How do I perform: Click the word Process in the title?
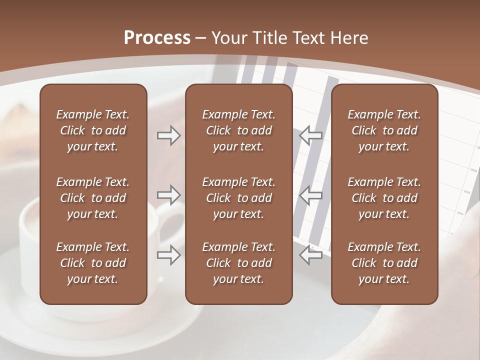(157, 38)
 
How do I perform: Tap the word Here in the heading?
(349, 38)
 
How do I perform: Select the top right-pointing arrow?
(169, 135)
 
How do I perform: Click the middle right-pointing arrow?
(169, 195)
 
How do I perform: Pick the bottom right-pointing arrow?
(169, 255)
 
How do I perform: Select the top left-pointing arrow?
(311, 135)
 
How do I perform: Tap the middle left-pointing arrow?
(311, 195)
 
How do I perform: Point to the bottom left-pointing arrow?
(311, 255)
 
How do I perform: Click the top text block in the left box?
(93, 130)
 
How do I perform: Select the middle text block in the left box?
(93, 198)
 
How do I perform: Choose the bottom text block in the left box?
(93, 263)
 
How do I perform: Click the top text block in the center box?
(238, 130)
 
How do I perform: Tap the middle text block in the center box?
(238, 198)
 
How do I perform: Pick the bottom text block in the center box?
(238, 263)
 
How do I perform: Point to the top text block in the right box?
(384, 130)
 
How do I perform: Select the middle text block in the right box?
(384, 198)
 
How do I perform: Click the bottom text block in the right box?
(384, 263)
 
